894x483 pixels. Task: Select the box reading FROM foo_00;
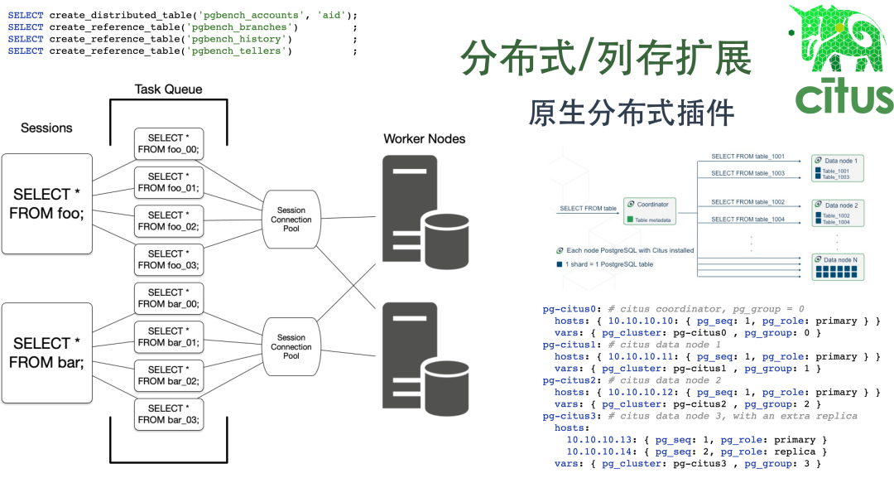pyautogui.click(x=169, y=144)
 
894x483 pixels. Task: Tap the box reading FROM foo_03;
pyautogui.click(x=169, y=260)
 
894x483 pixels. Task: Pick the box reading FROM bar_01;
pyautogui.click(x=169, y=337)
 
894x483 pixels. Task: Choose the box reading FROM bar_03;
pyautogui.click(x=169, y=414)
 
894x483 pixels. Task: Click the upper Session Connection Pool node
pyautogui.click(x=291, y=220)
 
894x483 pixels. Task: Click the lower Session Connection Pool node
pyautogui.click(x=291, y=347)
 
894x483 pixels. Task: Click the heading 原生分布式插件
pyautogui.click(x=632, y=112)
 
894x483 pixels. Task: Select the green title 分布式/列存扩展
pyautogui.click(x=605, y=59)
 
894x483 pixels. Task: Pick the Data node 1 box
pyautogui.click(x=838, y=167)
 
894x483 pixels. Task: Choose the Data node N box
pyautogui.click(x=838, y=268)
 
